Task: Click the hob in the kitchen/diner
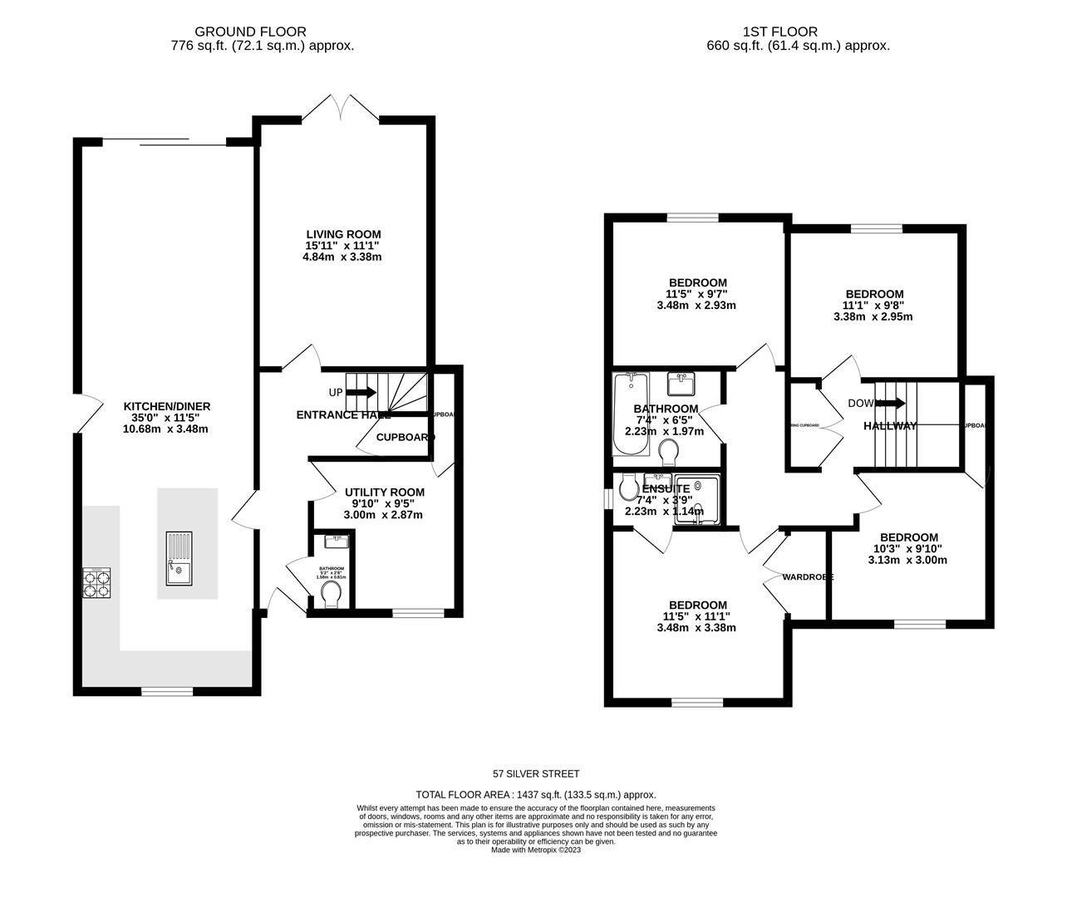tap(96, 582)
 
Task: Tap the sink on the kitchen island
tap(180, 558)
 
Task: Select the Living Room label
tap(342, 234)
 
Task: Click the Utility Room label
tap(384, 493)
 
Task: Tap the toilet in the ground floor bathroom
tap(331, 594)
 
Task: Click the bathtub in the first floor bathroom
tap(629, 413)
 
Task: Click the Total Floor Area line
tap(536, 795)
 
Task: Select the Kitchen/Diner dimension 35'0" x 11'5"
tap(167, 418)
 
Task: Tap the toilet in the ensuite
tap(629, 488)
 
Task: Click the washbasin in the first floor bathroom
tap(682, 384)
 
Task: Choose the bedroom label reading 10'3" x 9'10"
tap(908, 548)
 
